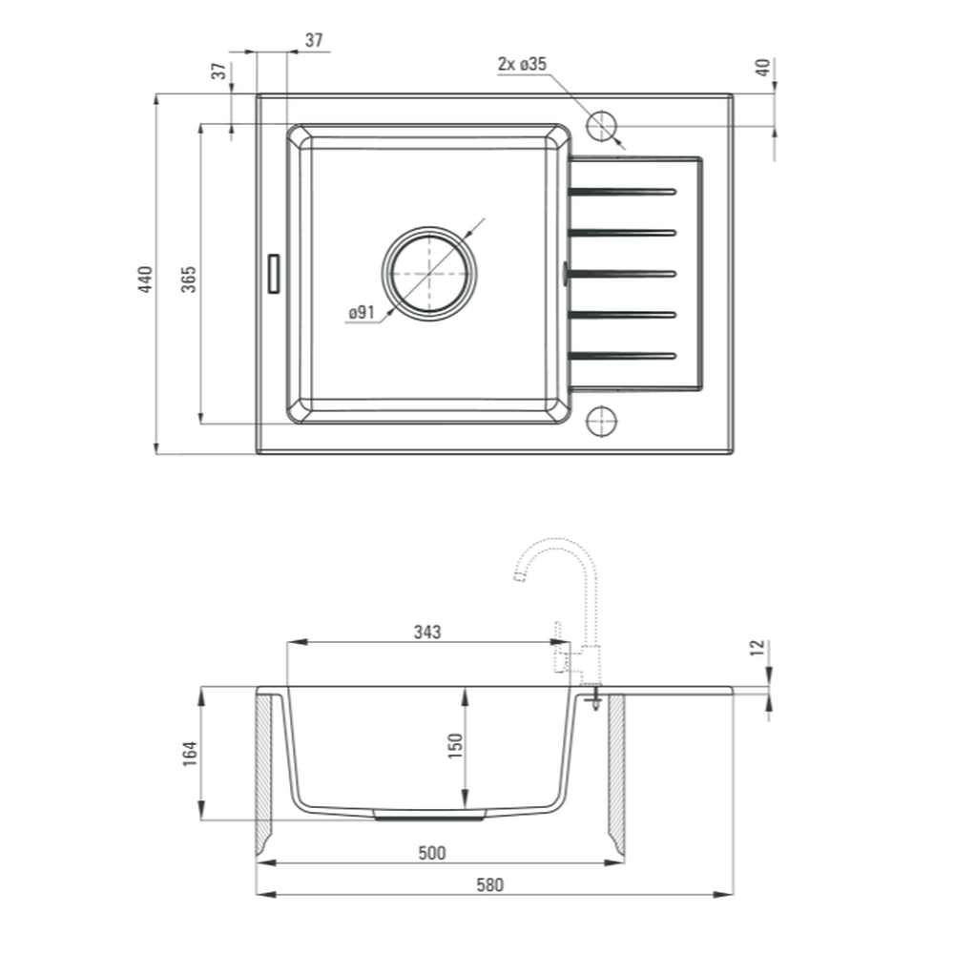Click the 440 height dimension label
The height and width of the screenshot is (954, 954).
point(145,280)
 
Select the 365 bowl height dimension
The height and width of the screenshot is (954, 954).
point(189,280)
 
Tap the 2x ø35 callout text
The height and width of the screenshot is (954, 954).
point(522,64)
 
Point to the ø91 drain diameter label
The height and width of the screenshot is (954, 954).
point(362,313)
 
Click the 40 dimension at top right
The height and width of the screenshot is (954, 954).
point(762,67)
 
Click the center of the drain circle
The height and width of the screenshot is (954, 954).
point(429,274)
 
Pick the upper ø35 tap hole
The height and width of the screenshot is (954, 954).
point(601,127)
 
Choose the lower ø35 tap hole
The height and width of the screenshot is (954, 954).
point(601,421)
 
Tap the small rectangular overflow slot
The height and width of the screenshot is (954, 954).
point(274,274)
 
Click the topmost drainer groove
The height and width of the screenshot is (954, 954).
point(621,193)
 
